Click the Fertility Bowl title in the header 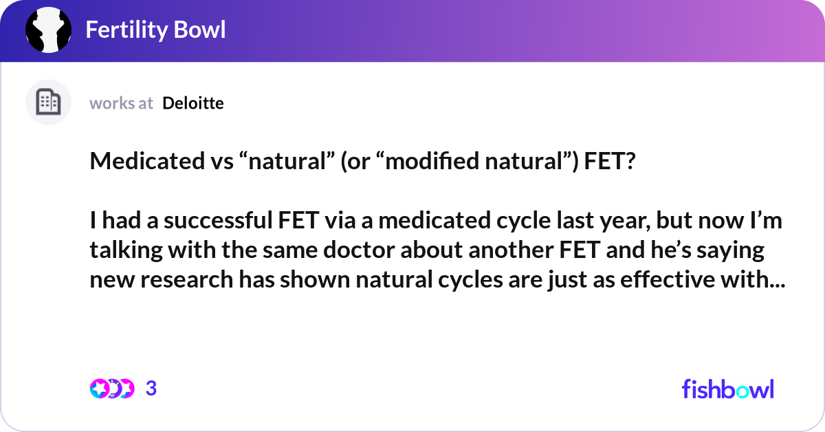(155, 30)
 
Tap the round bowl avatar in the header (49, 30)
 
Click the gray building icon (48, 102)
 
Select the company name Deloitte (193, 103)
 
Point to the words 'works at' (121, 103)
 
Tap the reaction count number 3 (151, 389)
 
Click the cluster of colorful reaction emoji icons (111, 389)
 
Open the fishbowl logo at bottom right (727, 389)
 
